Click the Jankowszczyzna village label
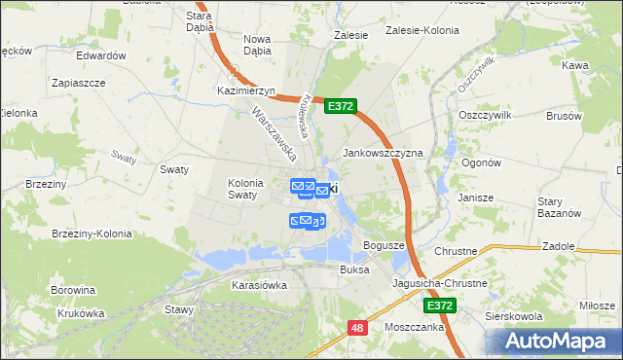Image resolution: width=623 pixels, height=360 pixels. (x=383, y=154)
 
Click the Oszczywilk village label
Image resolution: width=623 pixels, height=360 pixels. (x=484, y=114)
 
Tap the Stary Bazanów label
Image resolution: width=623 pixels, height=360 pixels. (x=559, y=206)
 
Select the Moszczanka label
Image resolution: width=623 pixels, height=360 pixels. (x=414, y=328)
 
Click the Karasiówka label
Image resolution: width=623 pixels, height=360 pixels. (x=259, y=285)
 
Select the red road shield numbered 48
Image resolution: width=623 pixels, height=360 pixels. (x=357, y=329)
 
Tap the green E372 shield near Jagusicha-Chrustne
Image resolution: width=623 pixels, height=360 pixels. (x=440, y=306)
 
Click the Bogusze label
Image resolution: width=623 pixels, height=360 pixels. (x=384, y=245)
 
